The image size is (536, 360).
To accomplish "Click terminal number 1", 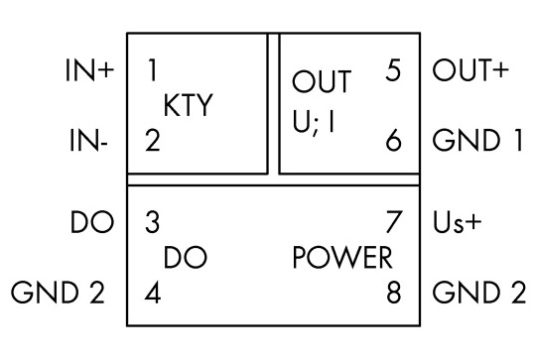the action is click(153, 70).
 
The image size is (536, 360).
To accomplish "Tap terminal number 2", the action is click(153, 141).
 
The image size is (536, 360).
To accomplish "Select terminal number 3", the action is click(153, 222).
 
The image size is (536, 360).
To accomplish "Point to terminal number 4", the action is click(153, 293).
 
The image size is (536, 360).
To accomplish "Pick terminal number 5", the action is click(393, 70).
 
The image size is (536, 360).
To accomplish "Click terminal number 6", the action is click(393, 140).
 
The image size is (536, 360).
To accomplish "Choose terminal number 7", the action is click(393, 222).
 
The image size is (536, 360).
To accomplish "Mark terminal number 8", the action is click(393, 293).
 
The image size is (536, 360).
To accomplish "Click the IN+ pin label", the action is click(89, 70).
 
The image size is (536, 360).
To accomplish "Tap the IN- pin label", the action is click(89, 141).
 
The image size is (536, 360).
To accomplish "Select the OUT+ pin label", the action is click(470, 70).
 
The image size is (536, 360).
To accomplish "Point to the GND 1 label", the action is click(477, 140).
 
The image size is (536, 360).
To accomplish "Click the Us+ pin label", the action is click(457, 222).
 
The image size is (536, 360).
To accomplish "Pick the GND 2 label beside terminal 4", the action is click(58, 293).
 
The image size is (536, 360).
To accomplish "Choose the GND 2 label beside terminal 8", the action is click(479, 293).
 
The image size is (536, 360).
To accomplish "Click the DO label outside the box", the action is click(92, 222).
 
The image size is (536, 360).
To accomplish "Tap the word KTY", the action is click(188, 105).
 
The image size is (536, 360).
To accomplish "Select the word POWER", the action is click(342, 258).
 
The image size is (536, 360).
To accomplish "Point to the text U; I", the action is click(314, 122).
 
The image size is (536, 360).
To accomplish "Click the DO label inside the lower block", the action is click(186, 258).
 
